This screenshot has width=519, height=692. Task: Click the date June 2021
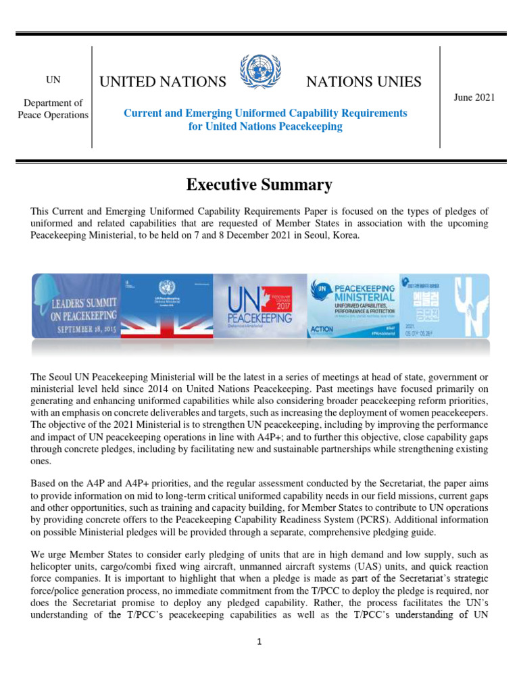(474, 97)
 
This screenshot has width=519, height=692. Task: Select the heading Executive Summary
(259, 184)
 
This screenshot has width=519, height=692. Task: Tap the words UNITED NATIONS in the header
(163, 82)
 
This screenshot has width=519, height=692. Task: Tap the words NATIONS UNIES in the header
(364, 82)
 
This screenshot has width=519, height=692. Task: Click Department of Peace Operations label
(53, 109)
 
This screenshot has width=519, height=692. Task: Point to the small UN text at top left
(53, 80)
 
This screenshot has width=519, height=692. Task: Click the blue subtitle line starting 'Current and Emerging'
(265, 113)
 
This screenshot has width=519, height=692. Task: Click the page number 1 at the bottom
(259, 642)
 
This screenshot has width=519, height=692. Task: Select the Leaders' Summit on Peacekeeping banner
(76, 305)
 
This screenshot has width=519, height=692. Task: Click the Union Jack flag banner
(166, 305)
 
